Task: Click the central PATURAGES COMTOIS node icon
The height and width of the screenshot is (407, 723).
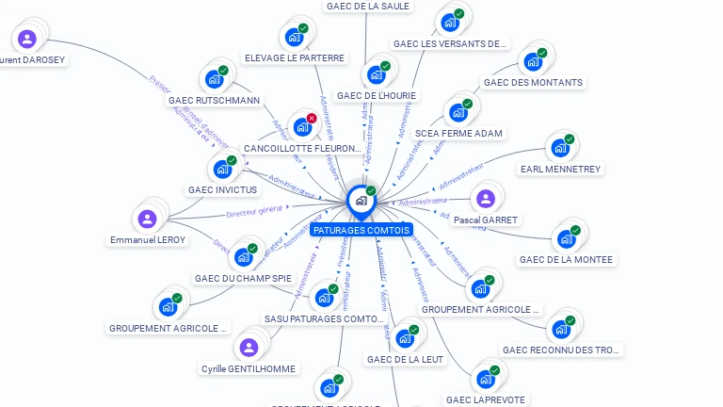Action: [x=360, y=201]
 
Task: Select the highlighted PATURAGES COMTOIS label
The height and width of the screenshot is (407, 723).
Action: [x=361, y=230]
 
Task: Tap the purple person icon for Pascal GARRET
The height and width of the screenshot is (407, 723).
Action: [x=485, y=199]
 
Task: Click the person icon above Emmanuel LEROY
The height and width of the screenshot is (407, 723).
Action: [x=147, y=219]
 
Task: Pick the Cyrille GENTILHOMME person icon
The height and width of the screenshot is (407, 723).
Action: [x=249, y=348]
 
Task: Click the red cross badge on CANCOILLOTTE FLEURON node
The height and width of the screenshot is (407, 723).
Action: [x=312, y=119]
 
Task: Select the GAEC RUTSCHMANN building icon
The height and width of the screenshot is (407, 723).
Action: [x=213, y=79]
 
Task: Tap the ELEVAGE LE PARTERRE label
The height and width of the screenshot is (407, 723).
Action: [x=295, y=57]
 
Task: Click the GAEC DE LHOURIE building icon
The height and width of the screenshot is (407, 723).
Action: [x=377, y=74]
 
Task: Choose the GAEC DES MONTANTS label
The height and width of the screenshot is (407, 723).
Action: [x=533, y=82]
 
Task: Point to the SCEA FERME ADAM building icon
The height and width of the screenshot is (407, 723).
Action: [x=458, y=113]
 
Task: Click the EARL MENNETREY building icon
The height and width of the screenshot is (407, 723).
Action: [x=559, y=148]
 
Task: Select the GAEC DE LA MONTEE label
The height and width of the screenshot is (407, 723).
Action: [x=566, y=259]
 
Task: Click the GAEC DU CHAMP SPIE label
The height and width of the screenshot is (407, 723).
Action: [x=243, y=278]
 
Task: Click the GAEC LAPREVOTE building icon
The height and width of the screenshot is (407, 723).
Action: [x=485, y=379]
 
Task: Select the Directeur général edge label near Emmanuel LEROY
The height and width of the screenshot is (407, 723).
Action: [x=254, y=209]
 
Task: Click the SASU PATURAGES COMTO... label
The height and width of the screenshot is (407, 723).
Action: [x=323, y=318]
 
